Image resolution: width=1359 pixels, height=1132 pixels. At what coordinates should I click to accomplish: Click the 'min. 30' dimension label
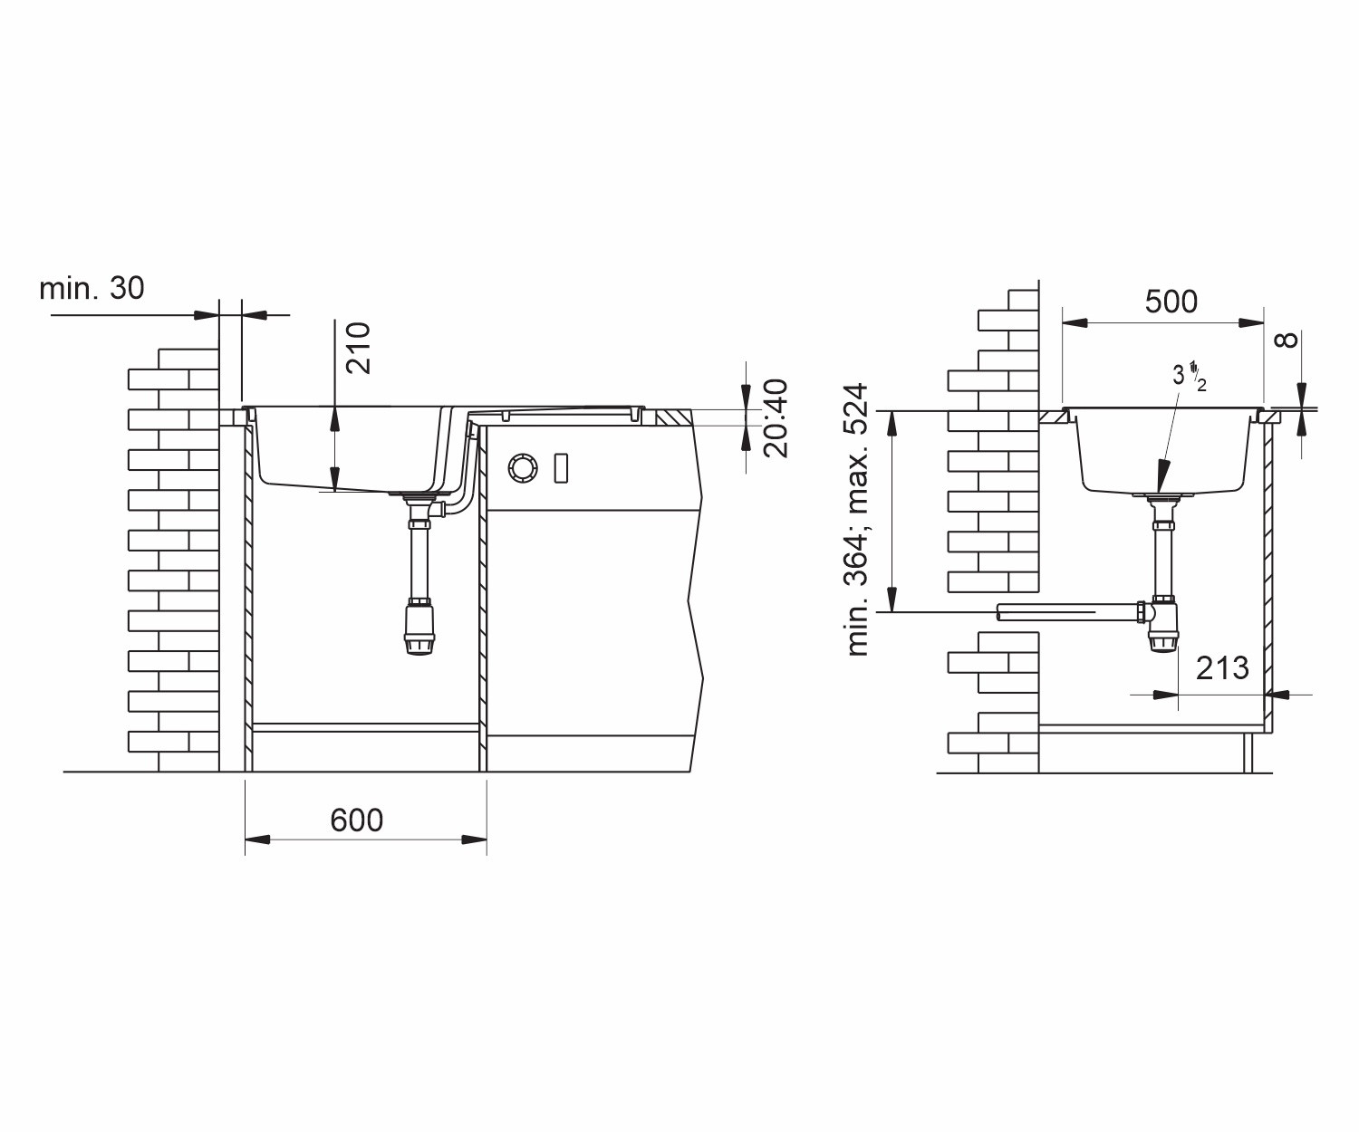[x=92, y=288]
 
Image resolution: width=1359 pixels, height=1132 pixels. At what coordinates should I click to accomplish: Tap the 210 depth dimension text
[x=358, y=348]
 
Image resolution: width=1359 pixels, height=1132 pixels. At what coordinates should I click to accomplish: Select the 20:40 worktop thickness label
[x=776, y=419]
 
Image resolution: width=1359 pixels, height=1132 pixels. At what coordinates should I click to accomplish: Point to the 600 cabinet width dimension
[x=356, y=820]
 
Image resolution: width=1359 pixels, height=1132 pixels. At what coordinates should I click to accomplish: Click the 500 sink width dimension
[x=1171, y=302]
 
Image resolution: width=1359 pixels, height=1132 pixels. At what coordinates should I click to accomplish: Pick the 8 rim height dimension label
[x=1286, y=340]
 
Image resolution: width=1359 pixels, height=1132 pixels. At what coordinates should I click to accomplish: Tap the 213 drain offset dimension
[x=1222, y=668]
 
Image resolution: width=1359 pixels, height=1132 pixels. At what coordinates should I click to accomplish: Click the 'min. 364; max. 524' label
[x=858, y=520]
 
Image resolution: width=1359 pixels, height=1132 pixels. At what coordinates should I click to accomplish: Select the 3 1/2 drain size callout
[x=1189, y=376]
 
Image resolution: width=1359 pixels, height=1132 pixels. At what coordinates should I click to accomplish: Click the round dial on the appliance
[x=523, y=468]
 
